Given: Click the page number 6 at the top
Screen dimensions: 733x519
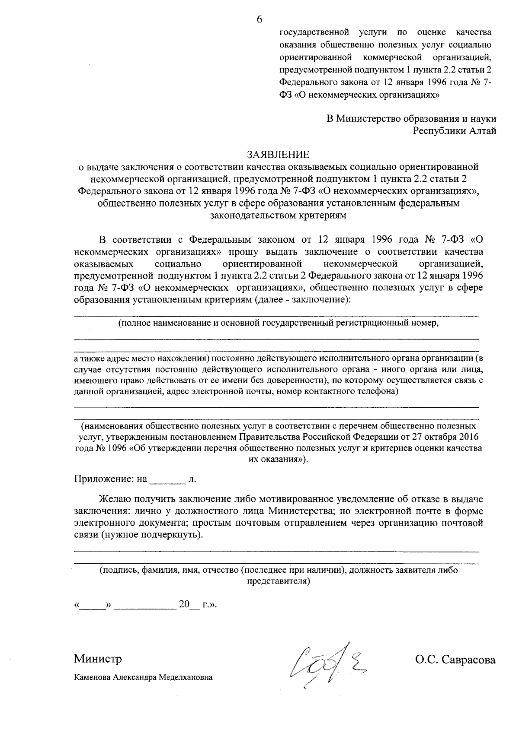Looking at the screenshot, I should click(259, 19).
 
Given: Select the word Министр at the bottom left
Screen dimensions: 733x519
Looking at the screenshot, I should click(98, 659).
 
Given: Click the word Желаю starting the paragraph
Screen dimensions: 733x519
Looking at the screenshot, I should click(115, 499).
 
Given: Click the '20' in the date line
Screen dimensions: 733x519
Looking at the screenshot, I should click(184, 605).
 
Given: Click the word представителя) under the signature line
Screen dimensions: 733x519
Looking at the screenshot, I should click(278, 581).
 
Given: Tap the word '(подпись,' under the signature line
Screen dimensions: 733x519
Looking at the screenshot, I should click(117, 570).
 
